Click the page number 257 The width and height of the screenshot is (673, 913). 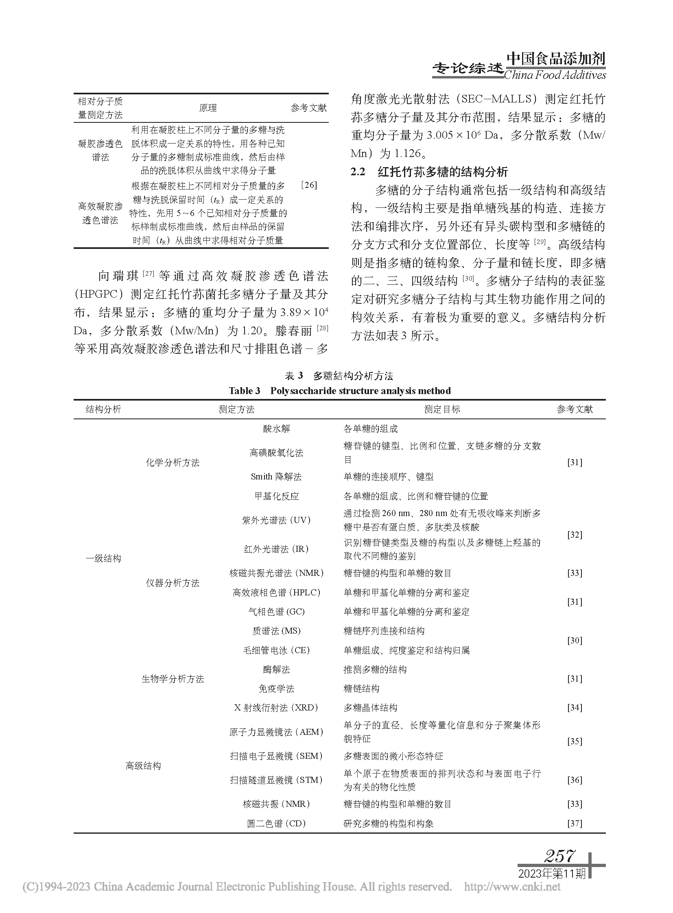[x=559, y=856]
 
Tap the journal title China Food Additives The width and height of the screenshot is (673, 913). [x=555, y=75]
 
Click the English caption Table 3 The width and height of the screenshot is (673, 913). [x=339, y=391]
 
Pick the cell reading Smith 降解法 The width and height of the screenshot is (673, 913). [x=276, y=477]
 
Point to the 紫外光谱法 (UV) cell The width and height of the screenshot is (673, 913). [x=276, y=520]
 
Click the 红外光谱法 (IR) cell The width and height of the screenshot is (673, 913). [x=276, y=549]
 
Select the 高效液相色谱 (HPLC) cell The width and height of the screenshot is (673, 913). [x=276, y=593]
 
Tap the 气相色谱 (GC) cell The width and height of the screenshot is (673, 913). [x=276, y=612]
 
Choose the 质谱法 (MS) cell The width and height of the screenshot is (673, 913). [x=276, y=631]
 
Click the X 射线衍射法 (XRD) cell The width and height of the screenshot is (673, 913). [x=276, y=708]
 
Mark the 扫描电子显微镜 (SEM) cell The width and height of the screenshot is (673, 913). [x=276, y=756]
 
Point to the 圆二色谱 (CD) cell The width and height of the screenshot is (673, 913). [x=276, y=824]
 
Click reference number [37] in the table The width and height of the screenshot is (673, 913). [x=575, y=824]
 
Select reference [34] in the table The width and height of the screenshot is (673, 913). [x=575, y=708]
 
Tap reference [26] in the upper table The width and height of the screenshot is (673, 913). [x=308, y=185]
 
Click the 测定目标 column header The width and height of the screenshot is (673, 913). [x=442, y=410]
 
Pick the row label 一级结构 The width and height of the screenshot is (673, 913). [x=103, y=558]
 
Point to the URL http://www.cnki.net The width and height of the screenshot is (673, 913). [x=512, y=887]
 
